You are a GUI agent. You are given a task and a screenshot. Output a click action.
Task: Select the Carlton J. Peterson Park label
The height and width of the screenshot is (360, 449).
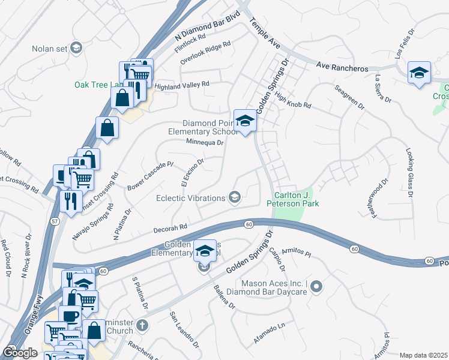[x=296, y=200]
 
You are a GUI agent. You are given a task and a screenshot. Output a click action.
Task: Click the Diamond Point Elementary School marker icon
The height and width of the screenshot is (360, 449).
[x=245, y=122]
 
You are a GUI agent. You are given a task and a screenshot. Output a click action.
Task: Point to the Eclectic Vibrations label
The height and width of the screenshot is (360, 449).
[x=190, y=198]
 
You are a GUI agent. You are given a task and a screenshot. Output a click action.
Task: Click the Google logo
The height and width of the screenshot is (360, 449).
[x=20, y=353]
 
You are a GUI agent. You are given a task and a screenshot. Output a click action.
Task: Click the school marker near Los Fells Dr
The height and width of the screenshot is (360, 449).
[x=418, y=73]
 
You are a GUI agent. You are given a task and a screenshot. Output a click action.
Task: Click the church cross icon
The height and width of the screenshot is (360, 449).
[x=142, y=326]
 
